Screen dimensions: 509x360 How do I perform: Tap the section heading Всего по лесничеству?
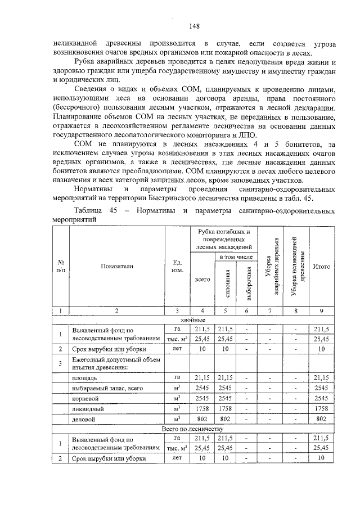[193, 429]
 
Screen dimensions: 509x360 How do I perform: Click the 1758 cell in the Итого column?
[321, 408]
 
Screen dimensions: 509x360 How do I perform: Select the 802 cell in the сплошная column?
[226, 419]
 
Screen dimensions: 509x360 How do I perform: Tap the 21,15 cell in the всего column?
[202, 377]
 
